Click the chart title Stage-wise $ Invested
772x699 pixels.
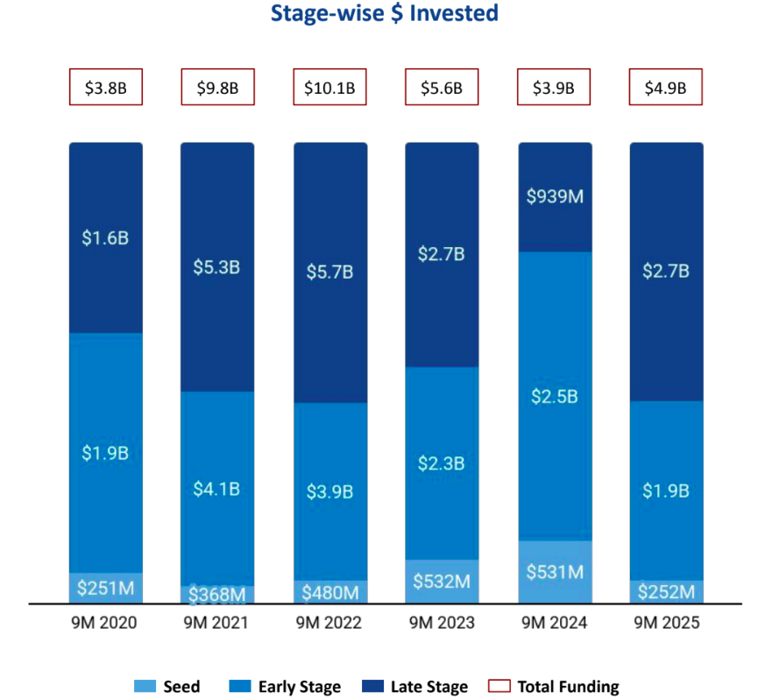(385, 14)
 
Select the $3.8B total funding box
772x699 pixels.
(105, 88)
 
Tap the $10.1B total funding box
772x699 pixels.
(329, 88)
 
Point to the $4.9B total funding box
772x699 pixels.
(666, 88)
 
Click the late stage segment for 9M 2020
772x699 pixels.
(105, 238)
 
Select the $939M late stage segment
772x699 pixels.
(555, 197)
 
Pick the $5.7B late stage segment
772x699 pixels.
(329, 272)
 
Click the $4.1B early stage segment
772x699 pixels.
(217, 488)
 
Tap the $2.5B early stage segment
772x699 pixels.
(555, 396)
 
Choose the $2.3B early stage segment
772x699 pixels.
(442, 462)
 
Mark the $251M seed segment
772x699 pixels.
(105, 588)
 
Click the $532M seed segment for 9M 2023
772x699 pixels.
(442, 581)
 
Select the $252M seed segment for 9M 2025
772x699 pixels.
(666, 591)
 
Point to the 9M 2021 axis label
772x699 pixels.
(216, 624)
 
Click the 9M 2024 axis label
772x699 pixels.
(554, 624)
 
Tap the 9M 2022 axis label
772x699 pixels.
(329, 624)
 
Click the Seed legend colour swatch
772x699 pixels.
(145, 687)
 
